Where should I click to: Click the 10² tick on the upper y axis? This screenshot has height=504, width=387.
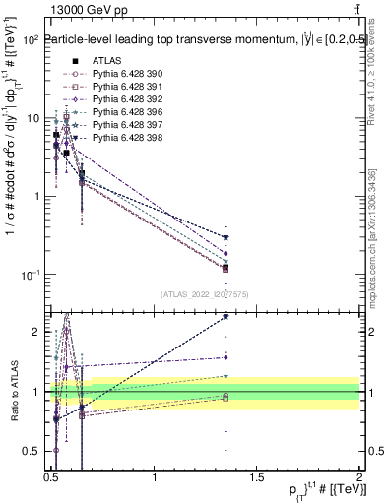(x=30, y=40)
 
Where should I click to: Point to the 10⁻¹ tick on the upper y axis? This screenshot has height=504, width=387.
(x=30, y=274)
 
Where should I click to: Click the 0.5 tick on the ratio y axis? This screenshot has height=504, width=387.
(x=32, y=452)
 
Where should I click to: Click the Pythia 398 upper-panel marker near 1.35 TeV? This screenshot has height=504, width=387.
(x=226, y=237)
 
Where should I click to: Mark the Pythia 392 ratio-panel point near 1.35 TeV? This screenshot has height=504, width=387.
(x=226, y=357)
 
